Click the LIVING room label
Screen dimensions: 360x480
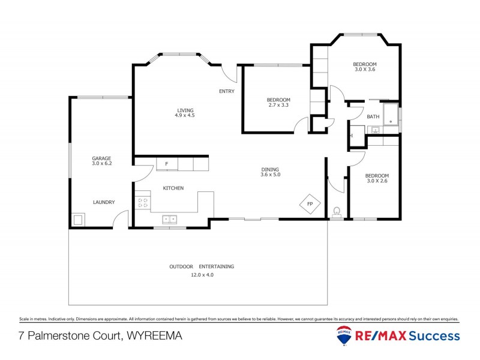185,109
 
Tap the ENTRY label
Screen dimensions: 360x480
226,91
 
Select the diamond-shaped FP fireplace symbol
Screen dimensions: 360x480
310,204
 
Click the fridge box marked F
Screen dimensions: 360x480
166,164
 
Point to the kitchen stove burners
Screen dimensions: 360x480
143,203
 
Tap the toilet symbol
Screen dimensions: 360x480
337,212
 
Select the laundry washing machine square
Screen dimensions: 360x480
78,220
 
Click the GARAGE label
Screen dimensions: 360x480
101,158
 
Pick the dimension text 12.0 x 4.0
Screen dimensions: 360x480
202,275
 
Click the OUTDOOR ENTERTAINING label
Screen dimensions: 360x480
202,266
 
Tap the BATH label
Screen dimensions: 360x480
373,116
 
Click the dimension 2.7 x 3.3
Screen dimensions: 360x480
278,106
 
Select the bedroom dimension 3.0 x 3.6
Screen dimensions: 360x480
364,70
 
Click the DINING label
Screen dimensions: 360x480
270,169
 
